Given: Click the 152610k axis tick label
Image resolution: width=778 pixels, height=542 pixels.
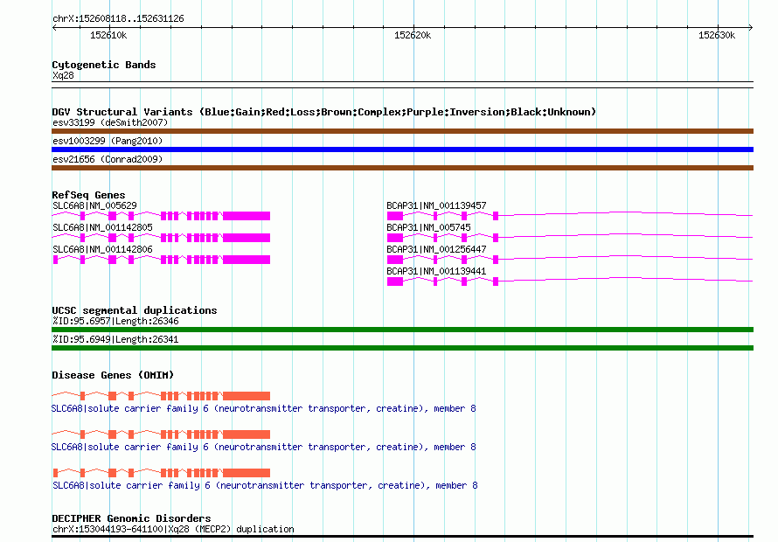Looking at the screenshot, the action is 108,35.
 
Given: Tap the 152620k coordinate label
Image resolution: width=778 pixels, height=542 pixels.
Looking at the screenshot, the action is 413,35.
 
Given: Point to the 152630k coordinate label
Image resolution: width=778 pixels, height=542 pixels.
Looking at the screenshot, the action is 717,35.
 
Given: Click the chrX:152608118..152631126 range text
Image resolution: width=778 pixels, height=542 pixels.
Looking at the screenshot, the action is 118,19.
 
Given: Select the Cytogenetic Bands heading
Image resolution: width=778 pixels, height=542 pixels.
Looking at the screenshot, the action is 104,65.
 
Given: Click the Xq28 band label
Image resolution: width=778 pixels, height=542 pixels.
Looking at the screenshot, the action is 63,75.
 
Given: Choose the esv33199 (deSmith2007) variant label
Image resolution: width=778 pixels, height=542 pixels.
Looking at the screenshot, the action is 110,122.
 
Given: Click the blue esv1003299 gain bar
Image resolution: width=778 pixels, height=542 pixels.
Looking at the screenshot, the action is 402,149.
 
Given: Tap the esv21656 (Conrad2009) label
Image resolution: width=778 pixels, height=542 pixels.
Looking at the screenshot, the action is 108,159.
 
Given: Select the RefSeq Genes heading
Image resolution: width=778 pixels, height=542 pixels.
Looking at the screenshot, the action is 88,195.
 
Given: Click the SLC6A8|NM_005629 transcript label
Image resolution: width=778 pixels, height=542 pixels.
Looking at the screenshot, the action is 94,205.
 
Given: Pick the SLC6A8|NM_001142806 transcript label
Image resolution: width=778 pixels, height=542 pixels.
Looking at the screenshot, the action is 102,249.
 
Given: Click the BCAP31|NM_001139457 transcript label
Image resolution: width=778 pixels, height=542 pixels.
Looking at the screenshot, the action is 436,205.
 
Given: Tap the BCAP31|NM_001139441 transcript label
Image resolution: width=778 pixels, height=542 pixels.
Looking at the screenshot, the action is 436,271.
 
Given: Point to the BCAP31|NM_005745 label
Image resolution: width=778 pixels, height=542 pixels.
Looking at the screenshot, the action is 428,227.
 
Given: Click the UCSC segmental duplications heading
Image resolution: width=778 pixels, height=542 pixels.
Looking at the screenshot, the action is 135,310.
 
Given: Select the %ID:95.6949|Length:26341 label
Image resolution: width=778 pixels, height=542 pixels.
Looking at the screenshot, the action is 115,339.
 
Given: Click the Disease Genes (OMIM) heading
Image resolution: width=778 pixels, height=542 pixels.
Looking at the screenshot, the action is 113,375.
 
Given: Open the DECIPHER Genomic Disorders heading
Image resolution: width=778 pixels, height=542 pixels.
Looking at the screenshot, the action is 131,518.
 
